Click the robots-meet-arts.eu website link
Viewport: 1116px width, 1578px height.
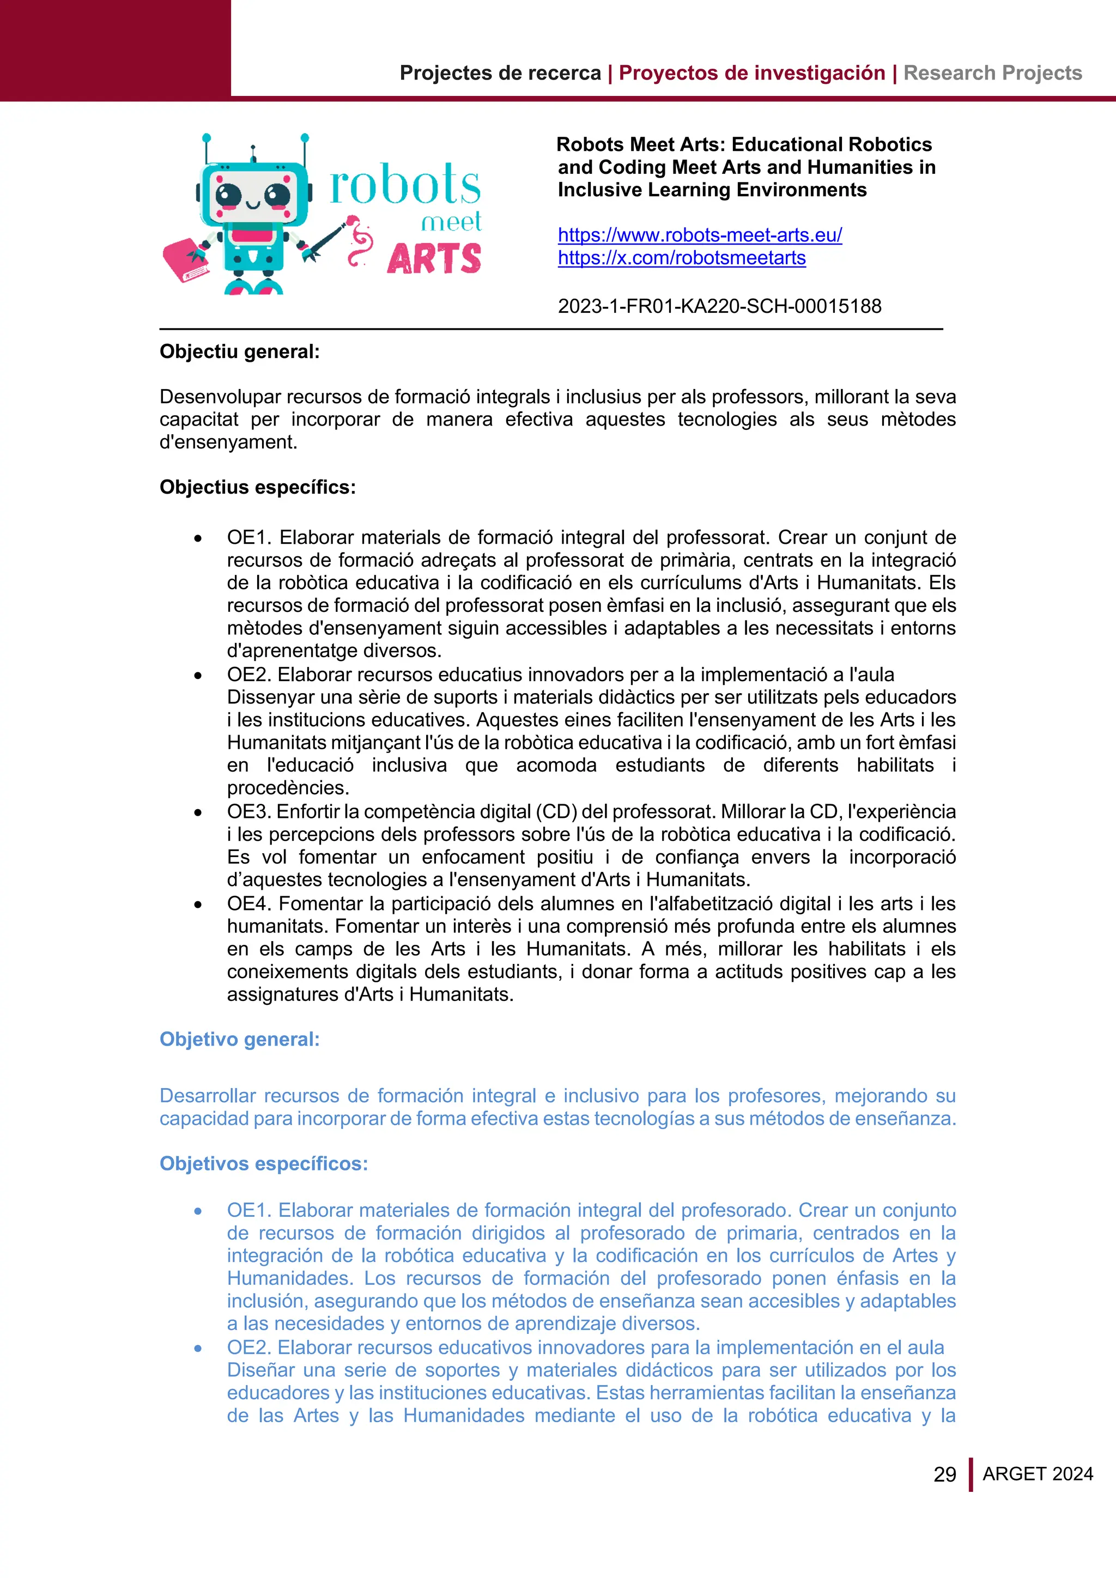[x=699, y=235]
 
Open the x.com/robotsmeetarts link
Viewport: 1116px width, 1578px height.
[x=681, y=258]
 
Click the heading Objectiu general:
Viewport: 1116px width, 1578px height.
[x=239, y=352]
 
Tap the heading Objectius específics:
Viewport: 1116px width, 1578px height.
[x=258, y=487]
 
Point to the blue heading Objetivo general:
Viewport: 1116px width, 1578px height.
[x=239, y=1039]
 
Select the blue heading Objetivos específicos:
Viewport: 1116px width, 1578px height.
[x=263, y=1163]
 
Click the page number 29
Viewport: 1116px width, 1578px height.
[x=944, y=1474]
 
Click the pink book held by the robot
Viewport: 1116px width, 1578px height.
[x=185, y=260]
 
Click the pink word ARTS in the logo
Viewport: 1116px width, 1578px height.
[x=434, y=260]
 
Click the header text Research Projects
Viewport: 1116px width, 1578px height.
[x=992, y=73]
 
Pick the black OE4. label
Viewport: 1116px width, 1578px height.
[x=250, y=904]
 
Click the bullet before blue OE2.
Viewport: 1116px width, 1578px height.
[x=198, y=1349]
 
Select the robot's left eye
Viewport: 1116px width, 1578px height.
[x=229, y=195]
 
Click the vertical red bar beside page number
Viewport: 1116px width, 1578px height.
[x=971, y=1474]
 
